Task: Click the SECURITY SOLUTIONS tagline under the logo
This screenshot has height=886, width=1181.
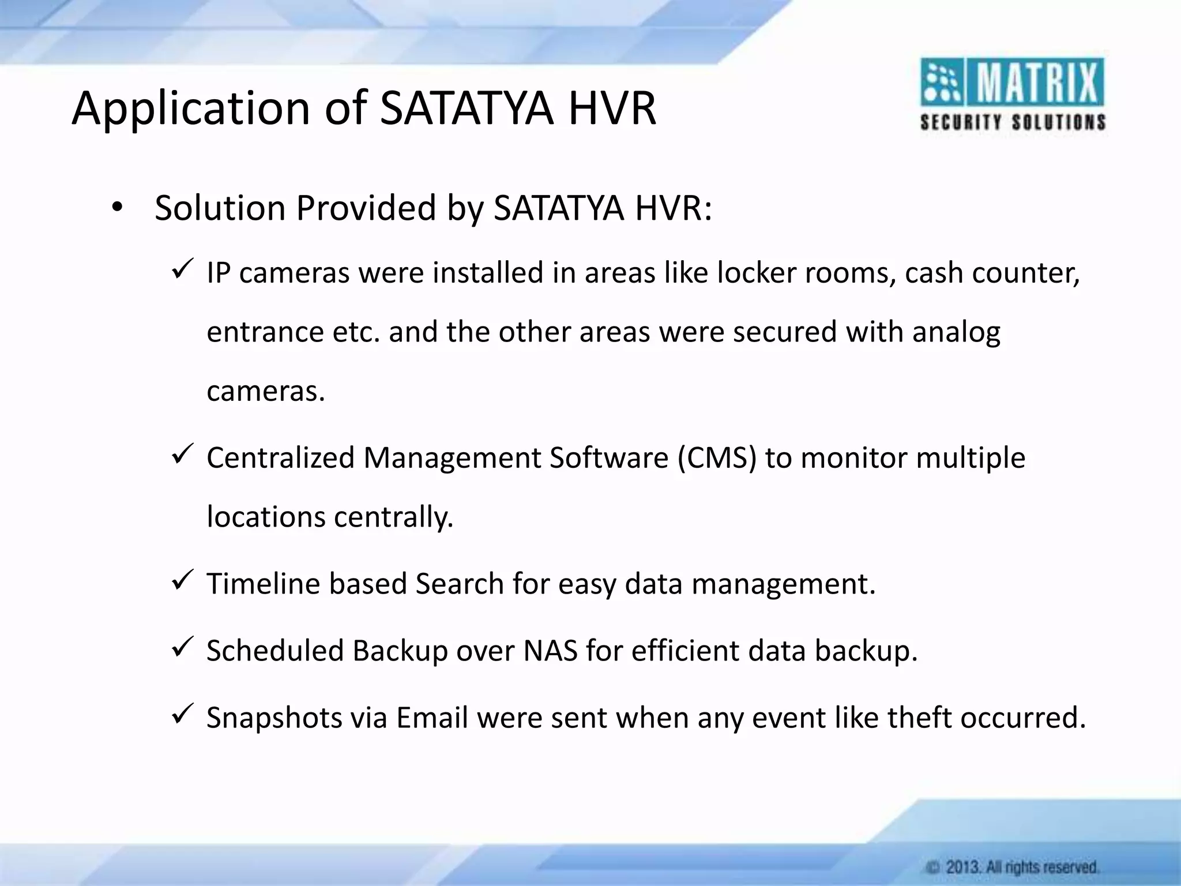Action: click(1013, 123)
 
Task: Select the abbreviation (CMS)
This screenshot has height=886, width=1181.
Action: click(716, 458)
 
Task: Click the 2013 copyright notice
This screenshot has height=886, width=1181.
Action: click(1013, 867)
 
